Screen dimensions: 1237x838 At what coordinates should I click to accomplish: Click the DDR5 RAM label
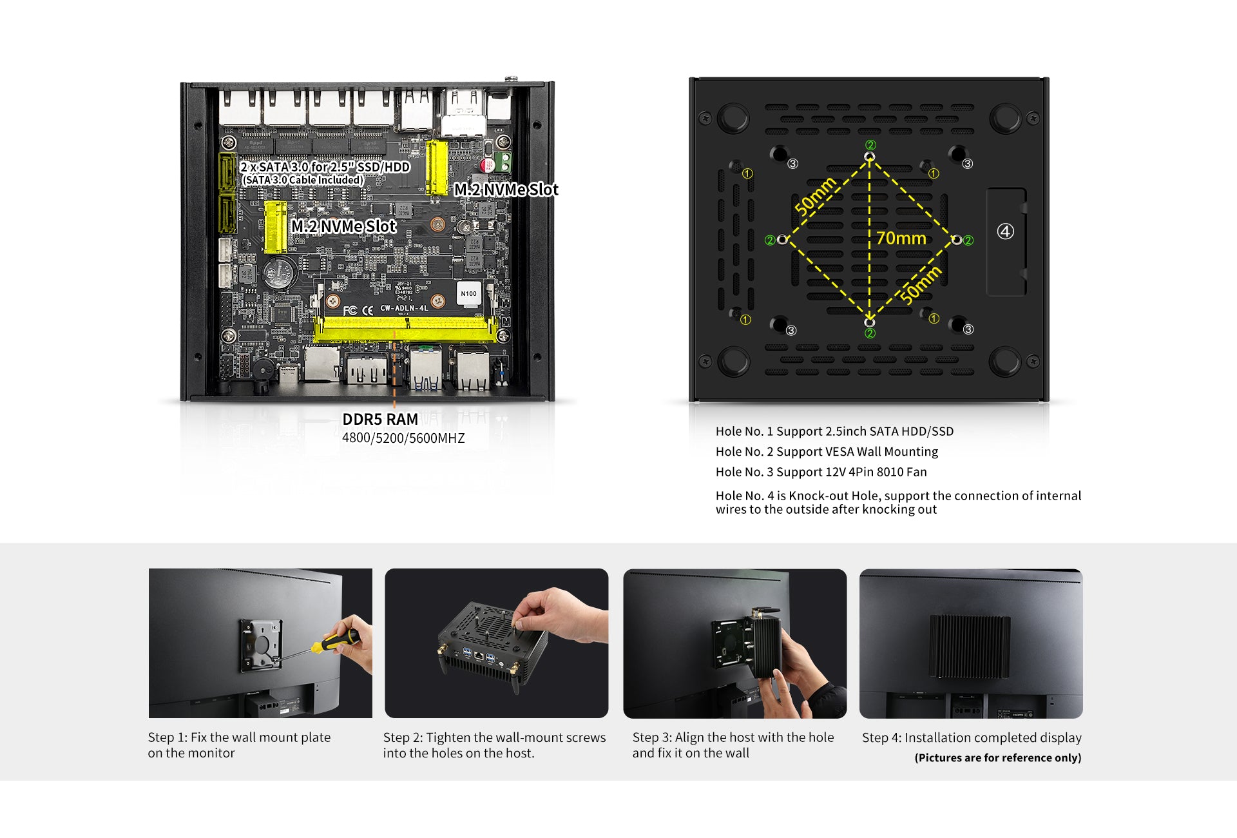[380, 420]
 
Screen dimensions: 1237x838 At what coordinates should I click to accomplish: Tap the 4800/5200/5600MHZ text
[403, 438]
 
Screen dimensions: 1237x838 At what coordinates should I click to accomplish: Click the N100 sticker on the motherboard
[468, 293]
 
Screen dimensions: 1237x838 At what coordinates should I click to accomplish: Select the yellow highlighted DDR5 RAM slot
[406, 329]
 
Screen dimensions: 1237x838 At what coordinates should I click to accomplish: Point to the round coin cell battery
[281, 273]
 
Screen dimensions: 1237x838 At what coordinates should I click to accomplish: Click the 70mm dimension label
[901, 239]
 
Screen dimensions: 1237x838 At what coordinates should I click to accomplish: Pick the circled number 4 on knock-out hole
[1006, 231]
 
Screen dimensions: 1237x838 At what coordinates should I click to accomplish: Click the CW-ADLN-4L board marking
[404, 308]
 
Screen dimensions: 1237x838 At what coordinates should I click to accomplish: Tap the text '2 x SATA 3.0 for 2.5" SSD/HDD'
[325, 167]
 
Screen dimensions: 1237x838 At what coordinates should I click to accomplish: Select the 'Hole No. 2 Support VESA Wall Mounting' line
[827, 452]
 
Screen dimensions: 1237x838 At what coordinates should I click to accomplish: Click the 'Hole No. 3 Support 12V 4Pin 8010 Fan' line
[821, 472]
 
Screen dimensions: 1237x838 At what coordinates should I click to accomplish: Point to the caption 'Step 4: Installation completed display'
[972, 738]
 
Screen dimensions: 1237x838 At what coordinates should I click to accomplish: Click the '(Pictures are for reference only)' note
[998, 758]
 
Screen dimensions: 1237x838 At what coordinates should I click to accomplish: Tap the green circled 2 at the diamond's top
[870, 145]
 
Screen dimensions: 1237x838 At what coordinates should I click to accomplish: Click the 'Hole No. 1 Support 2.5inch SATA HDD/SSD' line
[834, 431]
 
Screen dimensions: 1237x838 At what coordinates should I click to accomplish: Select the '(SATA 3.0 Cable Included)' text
[302, 180]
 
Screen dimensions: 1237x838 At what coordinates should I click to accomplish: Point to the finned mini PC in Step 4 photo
[970, 646]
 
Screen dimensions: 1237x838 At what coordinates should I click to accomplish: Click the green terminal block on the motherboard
[503, 162]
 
